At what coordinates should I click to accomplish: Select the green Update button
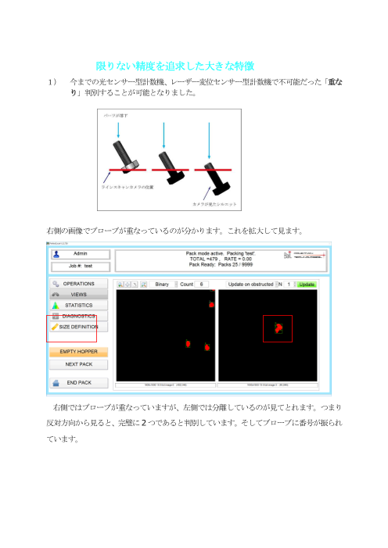coord(306,284)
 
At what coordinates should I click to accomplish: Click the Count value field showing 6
coord(202,284)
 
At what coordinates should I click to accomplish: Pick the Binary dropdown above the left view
coord(162,284)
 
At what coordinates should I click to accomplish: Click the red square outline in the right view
coord(277,329)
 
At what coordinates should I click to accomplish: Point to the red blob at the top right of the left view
coord(211,303)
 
